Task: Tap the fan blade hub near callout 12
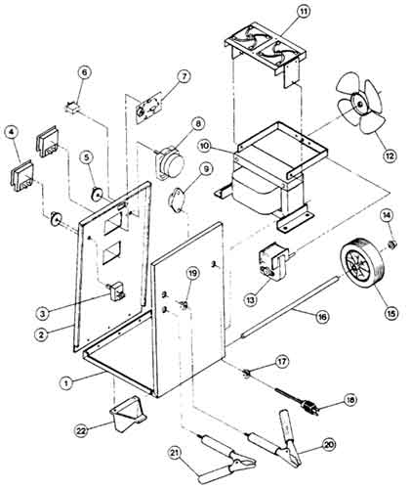(360, 104)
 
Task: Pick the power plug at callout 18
(307, 406)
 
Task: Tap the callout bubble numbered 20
(329, 444)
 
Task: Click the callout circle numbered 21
(176, 453)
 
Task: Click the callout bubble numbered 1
(66, 382)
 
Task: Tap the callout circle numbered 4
(12, 132)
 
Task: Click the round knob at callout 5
(97, 195)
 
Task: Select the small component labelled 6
(72, 107)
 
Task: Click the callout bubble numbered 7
(184, 77)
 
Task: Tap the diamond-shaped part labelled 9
(178, 199)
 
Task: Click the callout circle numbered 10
(205, 146)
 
